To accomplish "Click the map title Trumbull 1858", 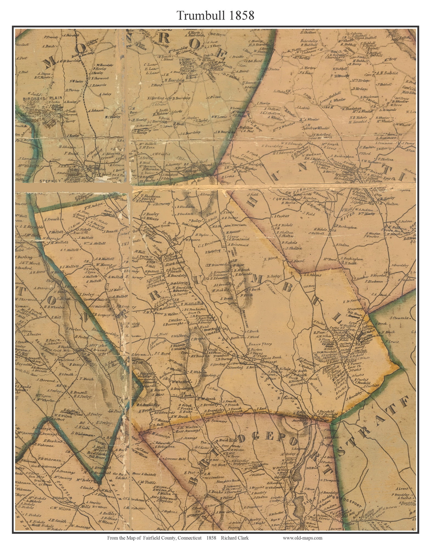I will coord(215,16).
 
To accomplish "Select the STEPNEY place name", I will coord(50,181).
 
